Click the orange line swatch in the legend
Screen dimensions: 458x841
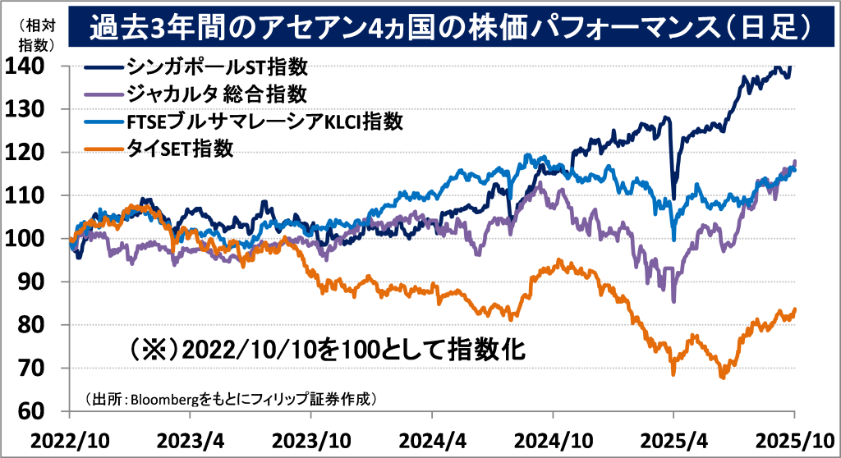click(102, 149)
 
